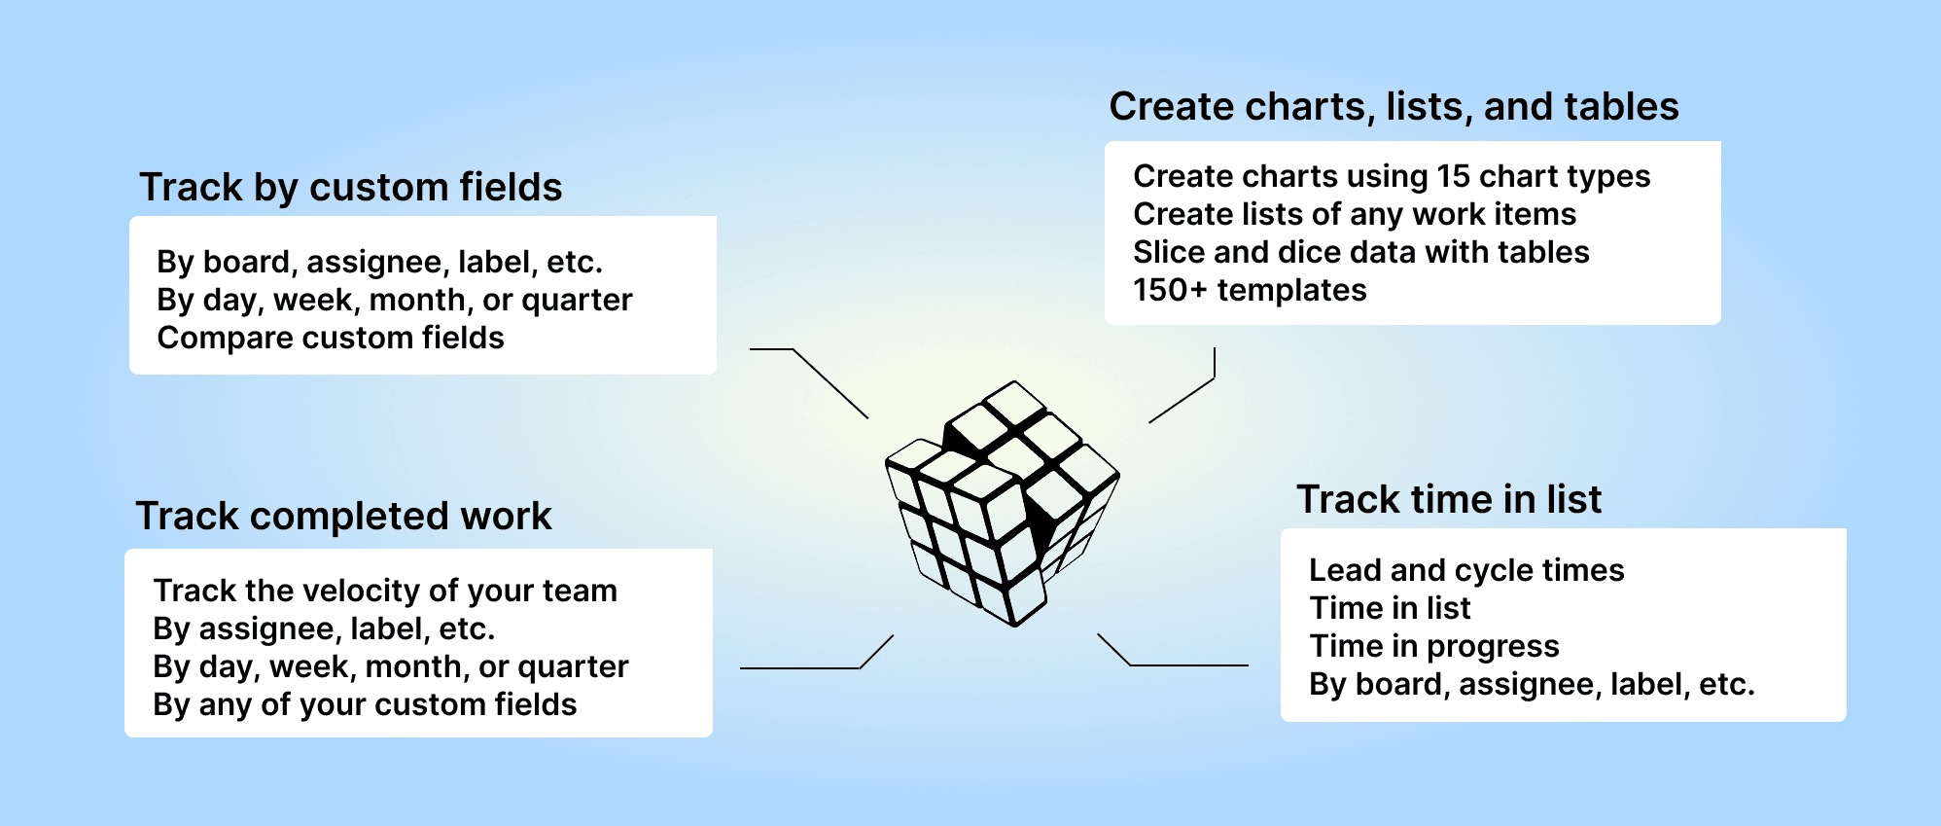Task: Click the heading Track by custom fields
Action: (350, 187)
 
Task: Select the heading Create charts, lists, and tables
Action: (1394, 106)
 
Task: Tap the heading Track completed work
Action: (343, 516)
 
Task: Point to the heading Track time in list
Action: (1448, 499)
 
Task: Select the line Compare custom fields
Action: (331, 338)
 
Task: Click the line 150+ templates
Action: (1250, 290)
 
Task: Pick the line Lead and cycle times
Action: (1466, 570)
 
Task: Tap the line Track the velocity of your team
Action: (385, 591)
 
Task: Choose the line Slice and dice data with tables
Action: (1360, 252)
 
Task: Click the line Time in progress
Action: (1434, 646)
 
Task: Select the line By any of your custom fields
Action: (365, 704)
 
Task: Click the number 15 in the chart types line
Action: (1453, 176)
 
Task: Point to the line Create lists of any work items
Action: (1355, 214)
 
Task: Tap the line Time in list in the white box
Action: (1390, 608)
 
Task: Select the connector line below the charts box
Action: (1182, 400)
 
